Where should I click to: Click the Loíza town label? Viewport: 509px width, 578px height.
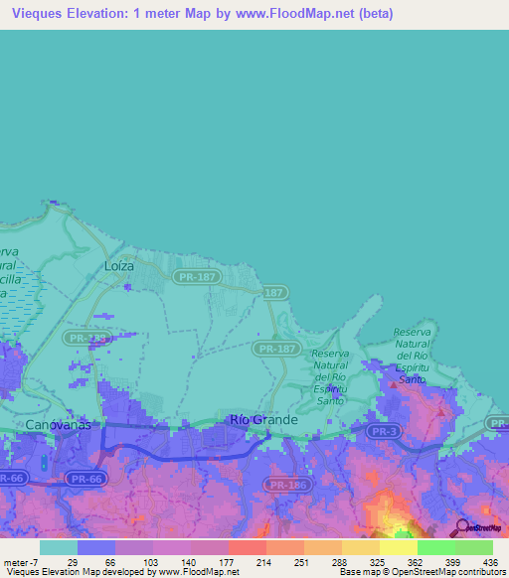(118, 266)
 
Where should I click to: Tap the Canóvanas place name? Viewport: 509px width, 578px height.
(58, 424)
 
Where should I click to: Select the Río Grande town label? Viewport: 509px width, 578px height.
(263, 420)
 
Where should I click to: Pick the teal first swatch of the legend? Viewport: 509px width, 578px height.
(59, 547)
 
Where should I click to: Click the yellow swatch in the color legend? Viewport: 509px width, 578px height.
(398, 547)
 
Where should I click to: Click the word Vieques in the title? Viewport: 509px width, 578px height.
(41, 14)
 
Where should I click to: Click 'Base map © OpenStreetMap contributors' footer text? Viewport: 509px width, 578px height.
(420, 572)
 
